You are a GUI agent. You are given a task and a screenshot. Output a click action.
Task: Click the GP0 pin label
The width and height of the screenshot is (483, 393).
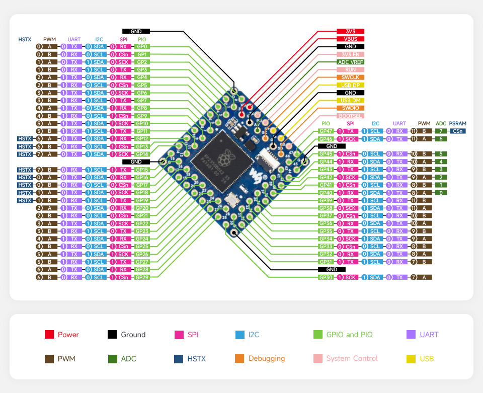coord(142,46)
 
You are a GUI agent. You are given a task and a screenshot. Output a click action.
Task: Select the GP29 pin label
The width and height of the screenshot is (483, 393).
coord(142,277)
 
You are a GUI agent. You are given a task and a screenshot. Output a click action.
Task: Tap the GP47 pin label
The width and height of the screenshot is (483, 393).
coord(326,131)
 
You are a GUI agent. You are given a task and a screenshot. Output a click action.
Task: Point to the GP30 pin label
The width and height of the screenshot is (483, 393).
coord(326,277)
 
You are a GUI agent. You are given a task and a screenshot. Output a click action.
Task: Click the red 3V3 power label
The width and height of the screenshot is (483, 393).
coord(351,31)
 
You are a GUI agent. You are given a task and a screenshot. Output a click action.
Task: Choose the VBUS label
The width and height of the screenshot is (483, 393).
coord(351,39)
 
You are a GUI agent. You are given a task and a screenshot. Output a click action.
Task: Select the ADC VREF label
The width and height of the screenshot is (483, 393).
coord(351,62)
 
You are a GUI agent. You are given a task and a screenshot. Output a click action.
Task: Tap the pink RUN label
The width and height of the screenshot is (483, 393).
coord(351,69)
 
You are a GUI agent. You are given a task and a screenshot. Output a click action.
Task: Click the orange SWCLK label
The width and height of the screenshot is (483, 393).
coord(351,77)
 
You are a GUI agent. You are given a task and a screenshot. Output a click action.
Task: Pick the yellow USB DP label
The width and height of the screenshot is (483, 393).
coord(351,85)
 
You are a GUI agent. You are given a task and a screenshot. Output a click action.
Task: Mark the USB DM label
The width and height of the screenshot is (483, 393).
coord(351,101)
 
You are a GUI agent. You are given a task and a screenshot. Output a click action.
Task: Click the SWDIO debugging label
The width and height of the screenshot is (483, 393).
coord(351,108)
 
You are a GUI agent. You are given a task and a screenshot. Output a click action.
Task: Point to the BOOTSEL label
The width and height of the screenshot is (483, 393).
coord(351,116)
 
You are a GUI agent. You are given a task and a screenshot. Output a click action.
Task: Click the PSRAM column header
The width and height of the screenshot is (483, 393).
coord(457,123)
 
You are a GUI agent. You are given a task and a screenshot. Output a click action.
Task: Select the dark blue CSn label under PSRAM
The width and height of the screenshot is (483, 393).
coord(457,131)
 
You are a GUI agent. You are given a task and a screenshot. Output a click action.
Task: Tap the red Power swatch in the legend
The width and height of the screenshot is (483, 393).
coord(49,335)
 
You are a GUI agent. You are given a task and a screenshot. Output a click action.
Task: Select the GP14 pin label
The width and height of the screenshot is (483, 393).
coord(142,154)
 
